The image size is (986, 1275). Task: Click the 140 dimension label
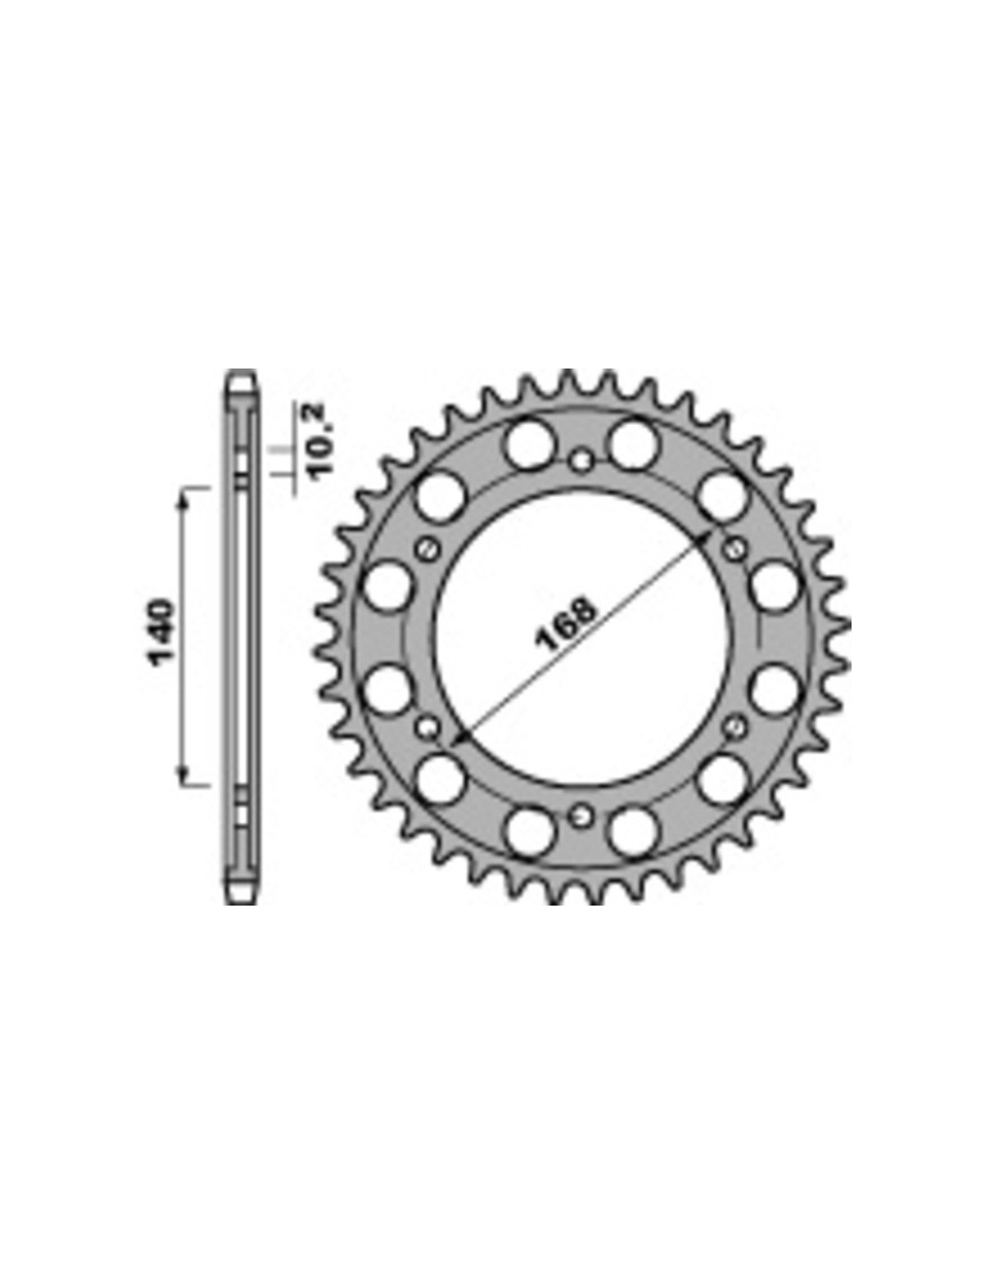coord(161,632)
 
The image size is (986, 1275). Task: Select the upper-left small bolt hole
coord(428,550)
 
